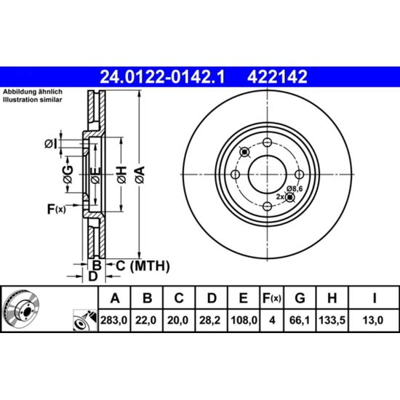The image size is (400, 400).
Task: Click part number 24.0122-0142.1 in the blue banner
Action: pyautogui.click(x=162, y=77)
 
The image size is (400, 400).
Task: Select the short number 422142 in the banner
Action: pyautogui.click(x=277, y=77)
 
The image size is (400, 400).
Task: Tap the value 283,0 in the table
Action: pyautogui.click(x=113, y=320)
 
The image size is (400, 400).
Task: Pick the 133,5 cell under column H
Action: pyautogui.click(x=332, y=320)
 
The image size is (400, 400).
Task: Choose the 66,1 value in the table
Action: pyautogui.click(x=300, y=320)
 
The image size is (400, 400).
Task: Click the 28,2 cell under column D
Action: pyautogui.click(x=209, y=320)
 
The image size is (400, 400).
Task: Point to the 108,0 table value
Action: pyautogui.click(x=244, y=320)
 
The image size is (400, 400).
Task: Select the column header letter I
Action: pyautogui.click(x=375, y=297)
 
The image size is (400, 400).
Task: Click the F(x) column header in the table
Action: pyautogui.click(x=272, y=298)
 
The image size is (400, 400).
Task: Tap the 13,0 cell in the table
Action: pyautogui.click(x=373, y=320)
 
